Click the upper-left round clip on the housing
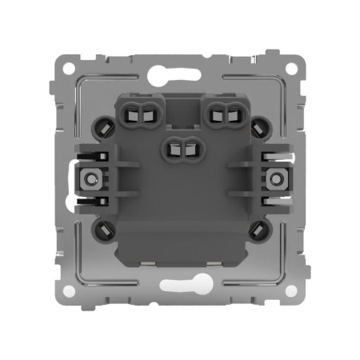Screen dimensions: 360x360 (x=104, y=126)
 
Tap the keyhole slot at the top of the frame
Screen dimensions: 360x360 (x=180, y=77)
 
